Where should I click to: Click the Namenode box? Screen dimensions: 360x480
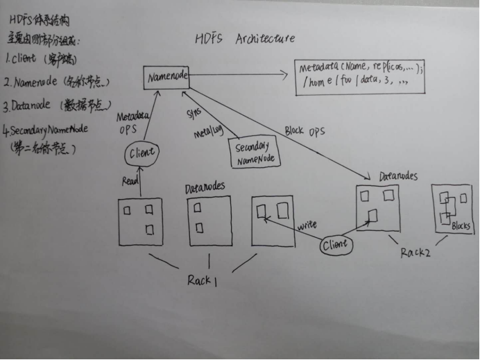click(167, 77)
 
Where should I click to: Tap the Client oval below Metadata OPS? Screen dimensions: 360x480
click(142, 153)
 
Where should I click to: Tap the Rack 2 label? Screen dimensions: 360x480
click(415, 252)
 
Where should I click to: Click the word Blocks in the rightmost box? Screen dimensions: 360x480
click(461, 226)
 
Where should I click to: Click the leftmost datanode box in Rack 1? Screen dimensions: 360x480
click(140, 222)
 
